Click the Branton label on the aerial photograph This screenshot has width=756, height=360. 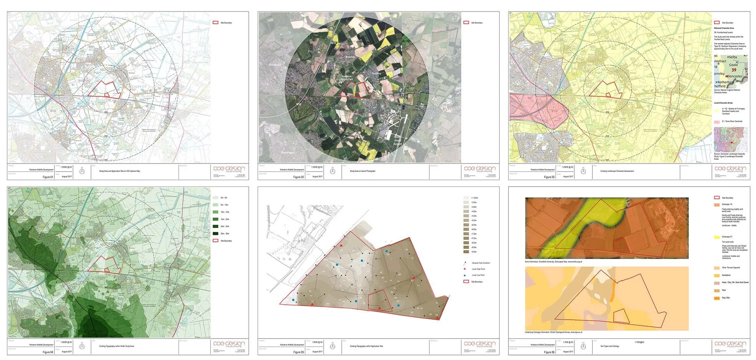tap(350, 57)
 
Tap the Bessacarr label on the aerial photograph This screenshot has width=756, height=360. tap(275, 65)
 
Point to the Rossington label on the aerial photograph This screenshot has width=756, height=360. tap(288, 152)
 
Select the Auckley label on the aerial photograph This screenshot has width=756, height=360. tap(376, 73)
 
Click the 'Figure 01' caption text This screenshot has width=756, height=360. tap(48, 177)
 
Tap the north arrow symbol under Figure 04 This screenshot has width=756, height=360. tap(82, 346)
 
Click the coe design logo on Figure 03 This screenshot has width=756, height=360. tap(730, 169)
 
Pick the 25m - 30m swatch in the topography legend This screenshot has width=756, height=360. tap(215, 234)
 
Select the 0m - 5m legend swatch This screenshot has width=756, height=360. tap(215, 198)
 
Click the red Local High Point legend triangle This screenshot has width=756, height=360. tap(465, 269)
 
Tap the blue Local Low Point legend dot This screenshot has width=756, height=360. tap(465, 275)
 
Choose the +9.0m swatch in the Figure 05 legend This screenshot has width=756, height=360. tap(466, 252)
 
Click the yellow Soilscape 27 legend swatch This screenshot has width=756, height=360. tap(716, 237)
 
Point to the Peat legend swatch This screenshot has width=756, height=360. tap(716, 290)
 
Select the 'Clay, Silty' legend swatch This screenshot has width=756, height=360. tap(716, 298)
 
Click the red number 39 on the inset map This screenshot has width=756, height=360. tap(734, 70)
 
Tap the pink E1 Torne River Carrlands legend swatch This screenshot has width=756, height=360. tap(716, 122)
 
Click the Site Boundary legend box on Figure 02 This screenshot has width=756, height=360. tap(466, 23)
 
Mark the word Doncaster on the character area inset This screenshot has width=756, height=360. tap(735, 76)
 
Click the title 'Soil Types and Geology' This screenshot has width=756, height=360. tap(610, 346)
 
